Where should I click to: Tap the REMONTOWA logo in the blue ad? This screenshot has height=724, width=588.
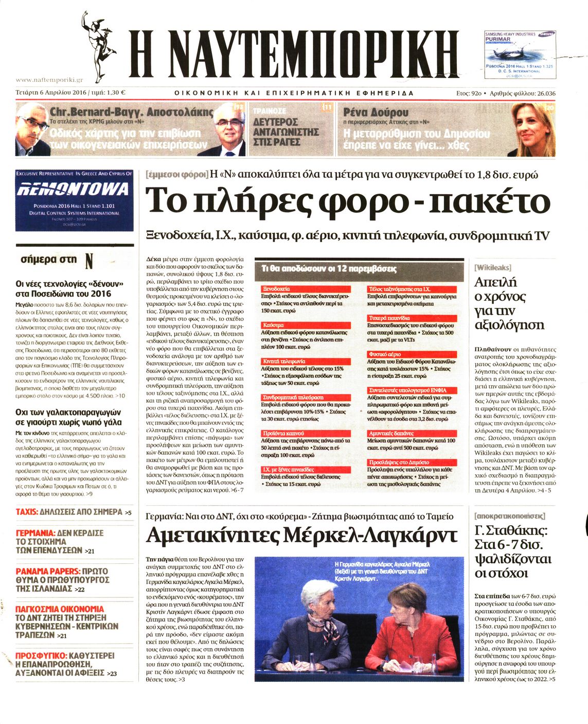[x=74, y=189]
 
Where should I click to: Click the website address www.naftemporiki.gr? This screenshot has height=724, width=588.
[x=49, y=80]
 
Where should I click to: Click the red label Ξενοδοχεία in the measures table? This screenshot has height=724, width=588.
[x=276, y=289]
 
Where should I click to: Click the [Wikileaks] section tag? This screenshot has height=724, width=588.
[x=493, y=267]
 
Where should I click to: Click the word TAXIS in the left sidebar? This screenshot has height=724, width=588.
[x=27, y=512]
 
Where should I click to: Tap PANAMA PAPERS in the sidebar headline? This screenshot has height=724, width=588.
[x=48, y=571]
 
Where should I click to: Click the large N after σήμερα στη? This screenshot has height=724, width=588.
[x=89, y=261]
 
